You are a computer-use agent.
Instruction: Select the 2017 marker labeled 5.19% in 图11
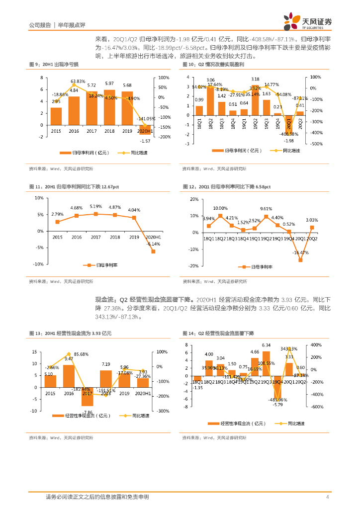coord(95,214)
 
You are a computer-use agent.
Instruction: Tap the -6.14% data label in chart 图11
coord(153,244)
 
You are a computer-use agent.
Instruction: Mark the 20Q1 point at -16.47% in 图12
coord(300,259)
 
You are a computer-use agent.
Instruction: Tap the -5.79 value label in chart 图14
coord(277,405)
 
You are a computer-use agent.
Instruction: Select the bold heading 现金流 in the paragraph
coord(104,300)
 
